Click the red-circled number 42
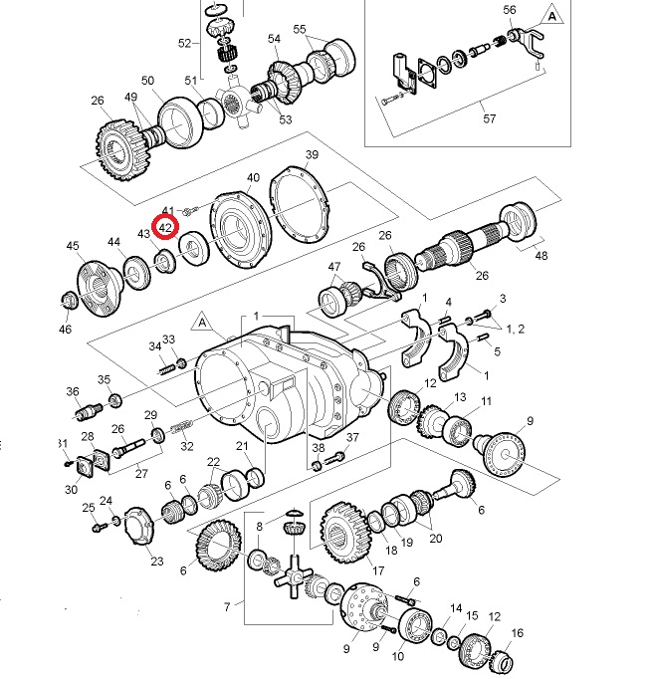click(x=165, y=228)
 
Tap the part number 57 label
click(x=490, y=118)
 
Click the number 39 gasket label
click(x=312, y=155)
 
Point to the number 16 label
click(x=517, y=633)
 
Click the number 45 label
click(x=73, y=246)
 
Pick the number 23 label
click(x=156, y=562)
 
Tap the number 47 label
click(x=334, y=267)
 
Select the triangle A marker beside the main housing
click(x=202, y=323)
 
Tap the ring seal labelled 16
click(x=504, y=658)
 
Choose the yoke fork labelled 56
click(x=527, y=42)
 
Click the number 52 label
click(x=184, y=44)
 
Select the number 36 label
click(x=73, y=391)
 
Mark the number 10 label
click(x=399, y=658)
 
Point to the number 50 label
click(x=147, y=81)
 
